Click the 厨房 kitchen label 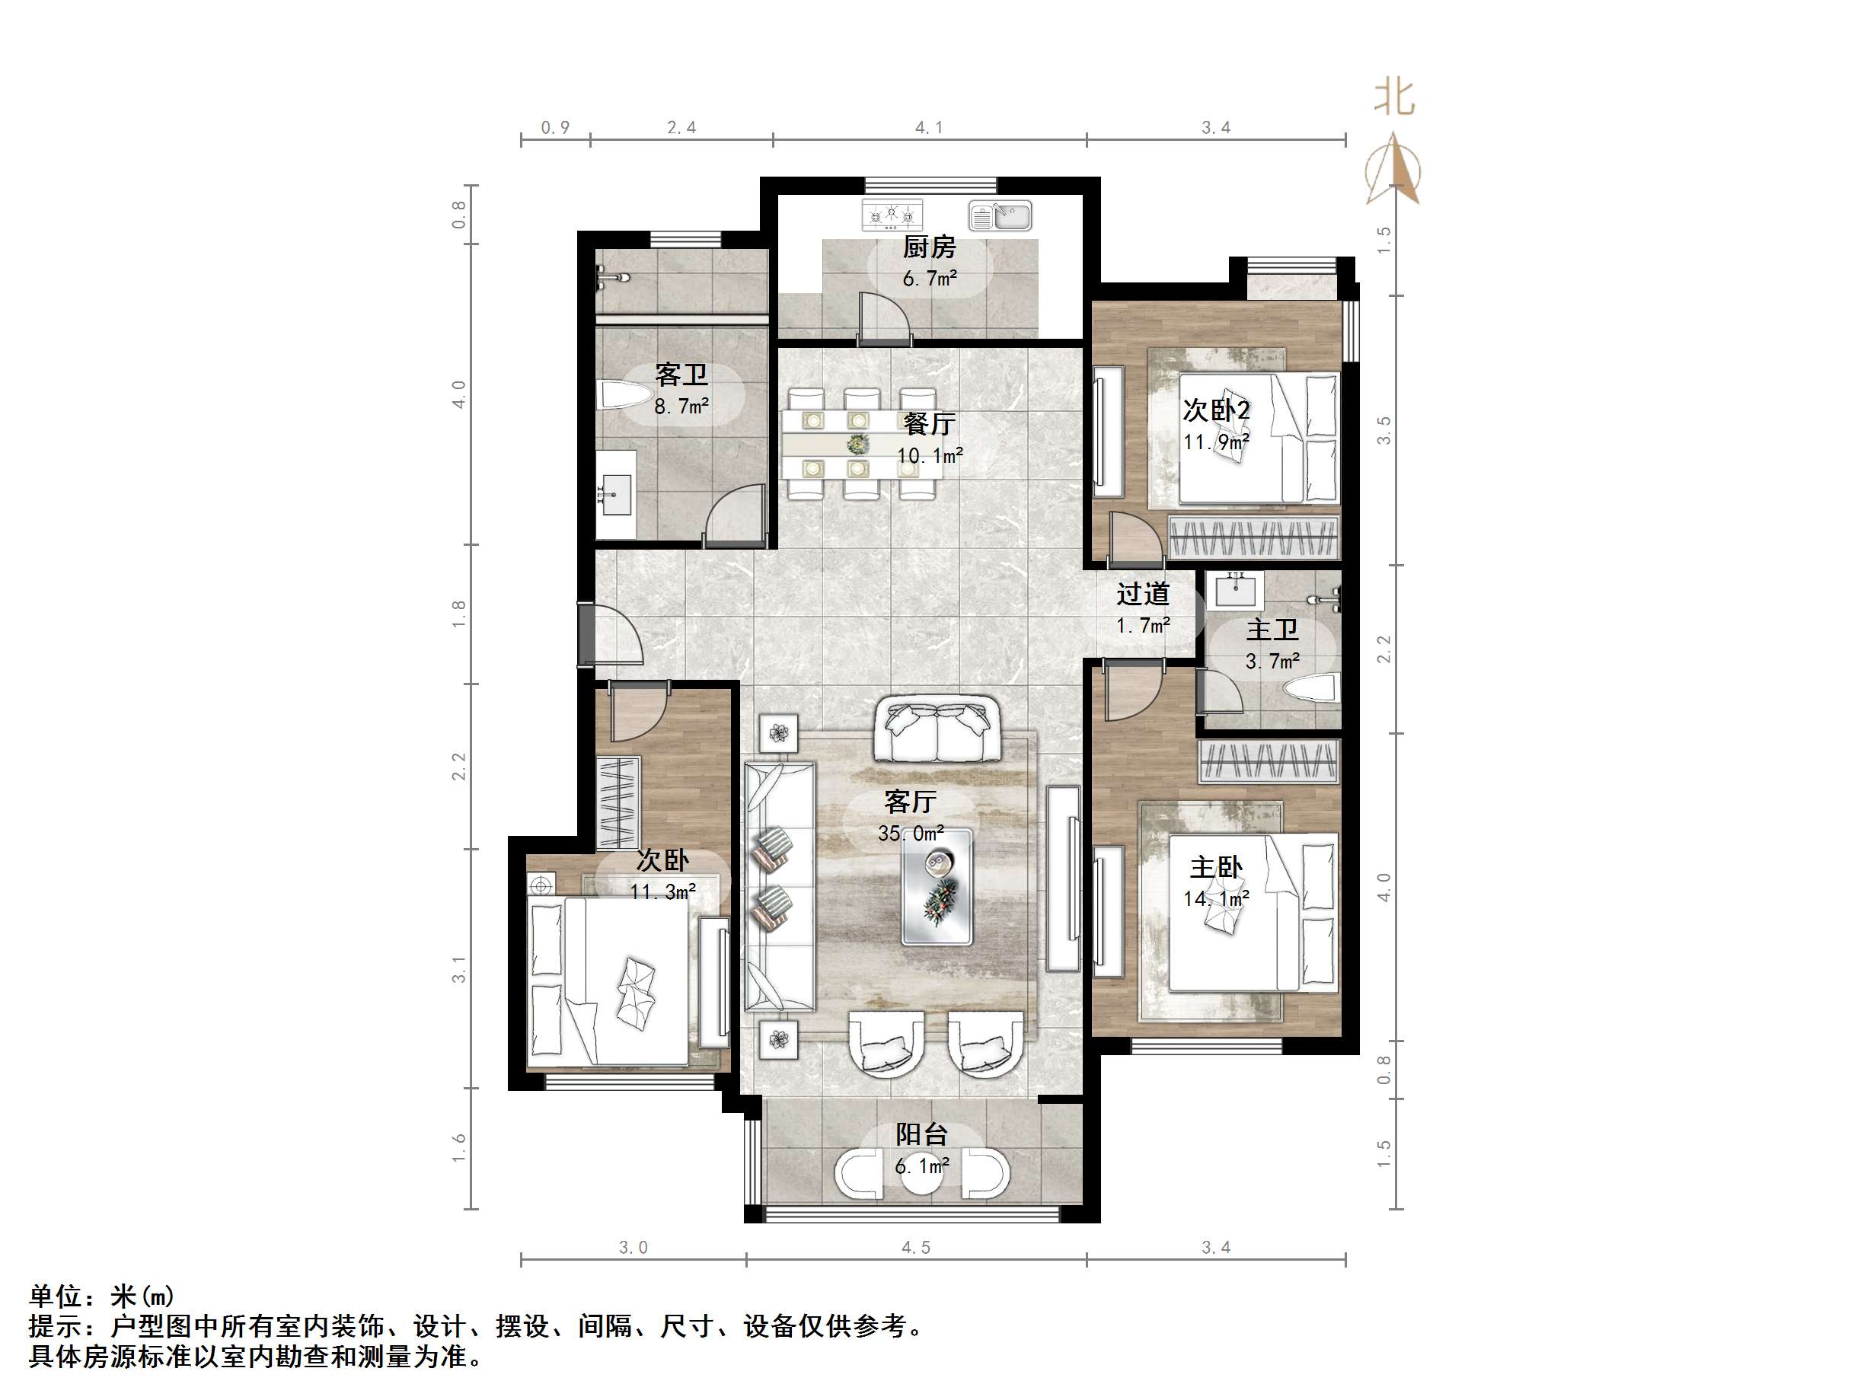[x=928, y=247]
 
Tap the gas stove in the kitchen [x=892, y=215]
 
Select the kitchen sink [x=1001, y=216]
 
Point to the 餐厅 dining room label [x=928, y=423]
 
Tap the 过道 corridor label [x=1143, y=594]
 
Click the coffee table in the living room [x=936, y=886]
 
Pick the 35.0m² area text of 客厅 [x=911, y=834]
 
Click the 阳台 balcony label [x=921, y=1134]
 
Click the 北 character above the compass [x=1394, y=97]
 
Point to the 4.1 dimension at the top [x=928, y=127]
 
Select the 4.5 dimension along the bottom [x=916, y=1247]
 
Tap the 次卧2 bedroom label [x=1216, y=410]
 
